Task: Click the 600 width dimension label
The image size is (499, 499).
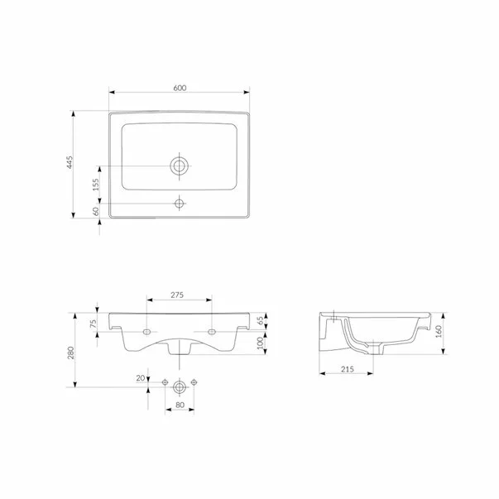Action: tap(179, 86)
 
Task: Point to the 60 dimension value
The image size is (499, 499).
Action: tap(96, 212)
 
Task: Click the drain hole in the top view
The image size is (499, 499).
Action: tap(179, 166)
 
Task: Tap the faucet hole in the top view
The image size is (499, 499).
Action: tap(179, 203)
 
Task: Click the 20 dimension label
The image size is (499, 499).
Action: tap(141, 379)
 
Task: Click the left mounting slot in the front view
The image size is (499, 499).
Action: tap(146, 331)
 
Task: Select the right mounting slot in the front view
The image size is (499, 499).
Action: tap(212, 331)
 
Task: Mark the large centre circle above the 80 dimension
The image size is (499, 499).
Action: tap(179, 384)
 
